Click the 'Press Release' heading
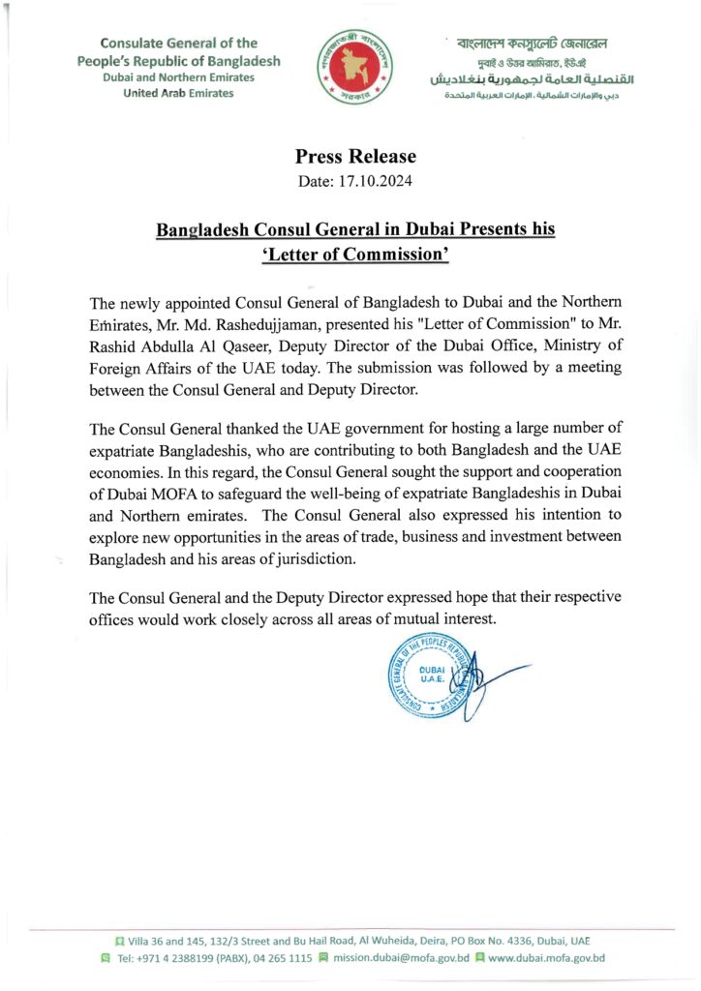point(355,157)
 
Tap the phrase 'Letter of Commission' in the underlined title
point(355,256)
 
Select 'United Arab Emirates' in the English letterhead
point(178,93)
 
